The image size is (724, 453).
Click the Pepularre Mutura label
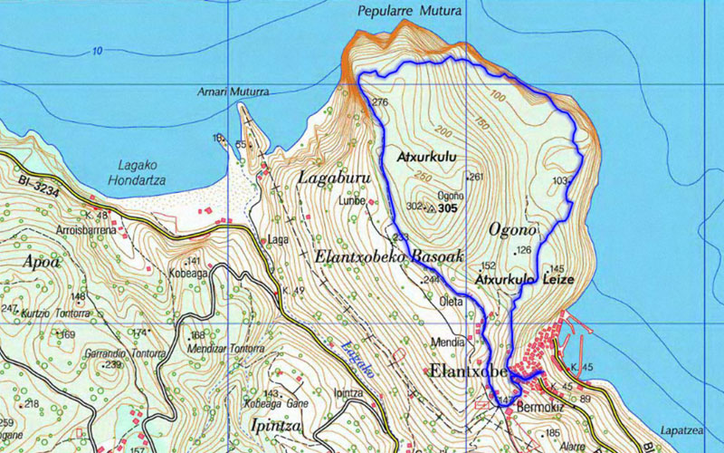coord(422,11)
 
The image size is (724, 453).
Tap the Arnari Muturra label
coord(233,92)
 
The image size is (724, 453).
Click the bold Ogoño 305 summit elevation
coord(447,208)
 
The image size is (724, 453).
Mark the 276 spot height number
coord(379,102)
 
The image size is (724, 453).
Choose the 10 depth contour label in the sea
coord(97,51)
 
